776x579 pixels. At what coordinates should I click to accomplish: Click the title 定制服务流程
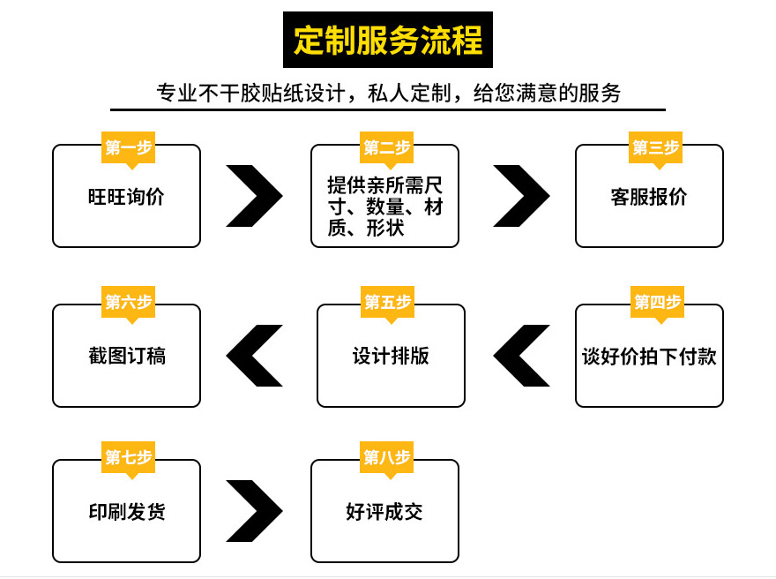(x=388, y=41)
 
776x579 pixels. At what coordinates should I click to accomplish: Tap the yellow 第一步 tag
(x=128, y=148)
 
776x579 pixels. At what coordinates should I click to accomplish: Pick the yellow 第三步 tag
(x=655, y=148)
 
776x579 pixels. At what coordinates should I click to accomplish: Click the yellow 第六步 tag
(x=128, y=303)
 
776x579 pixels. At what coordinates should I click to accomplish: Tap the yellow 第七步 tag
(x=128, y=457)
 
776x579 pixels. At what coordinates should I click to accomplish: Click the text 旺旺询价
(x=126, y=197)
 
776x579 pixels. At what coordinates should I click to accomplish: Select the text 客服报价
(x=648, y=197)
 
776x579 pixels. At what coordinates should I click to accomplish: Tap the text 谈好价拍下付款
(x=649, y=356)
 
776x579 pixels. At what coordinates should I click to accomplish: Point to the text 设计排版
(x=391, y=356)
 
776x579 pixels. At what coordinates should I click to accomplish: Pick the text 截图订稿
(x=126, y=356)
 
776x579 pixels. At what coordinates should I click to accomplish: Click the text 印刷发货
(x=126, y=512)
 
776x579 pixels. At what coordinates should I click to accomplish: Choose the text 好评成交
(x=384, y=512)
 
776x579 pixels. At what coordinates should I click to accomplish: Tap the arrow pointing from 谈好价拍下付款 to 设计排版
(x=521, y=356)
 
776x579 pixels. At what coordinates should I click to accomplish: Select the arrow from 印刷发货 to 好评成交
(x=255, y=511)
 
